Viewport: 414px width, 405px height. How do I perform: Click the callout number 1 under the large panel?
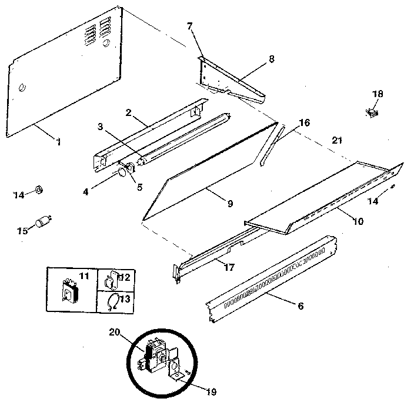[x=59, y=142]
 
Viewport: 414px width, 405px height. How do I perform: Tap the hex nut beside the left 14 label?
[x=36, y=188]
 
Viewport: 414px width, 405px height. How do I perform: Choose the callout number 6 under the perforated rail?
[x=301, y=306]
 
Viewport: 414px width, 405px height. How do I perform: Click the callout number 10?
[x=358, y=222]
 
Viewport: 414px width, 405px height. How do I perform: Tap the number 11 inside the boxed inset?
[x=84, y=275]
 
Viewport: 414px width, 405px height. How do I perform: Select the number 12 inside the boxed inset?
[x=126, y=277]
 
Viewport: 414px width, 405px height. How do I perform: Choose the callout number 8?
[x=271, y=59]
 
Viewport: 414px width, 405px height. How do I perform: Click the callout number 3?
[x=101, y=127]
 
